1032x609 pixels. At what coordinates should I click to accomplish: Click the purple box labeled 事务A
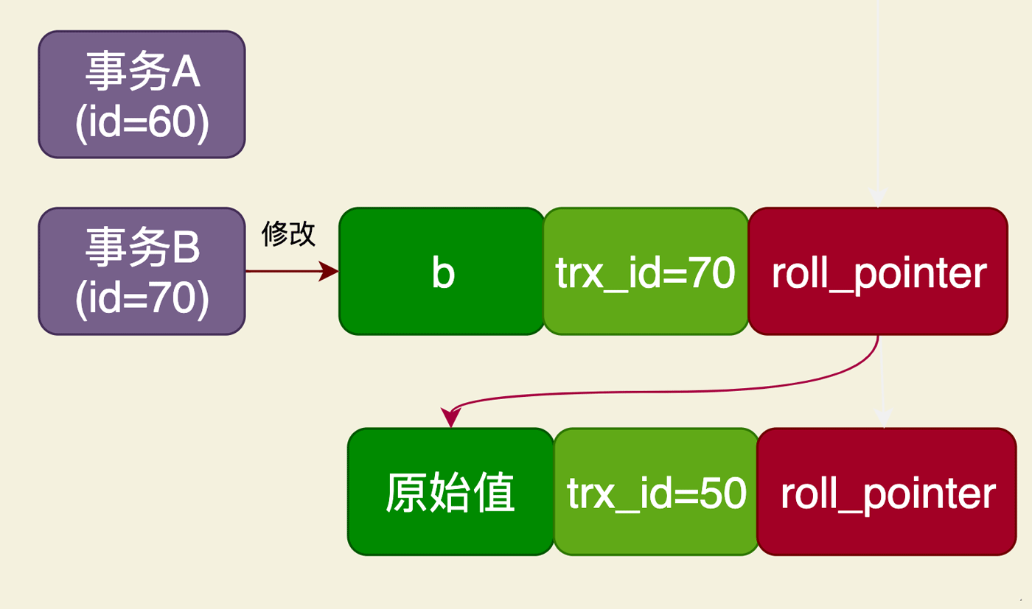pos(142,94)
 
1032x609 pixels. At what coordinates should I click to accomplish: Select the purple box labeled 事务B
pos(142,271)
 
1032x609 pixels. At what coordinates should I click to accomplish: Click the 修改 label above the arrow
pos(288,234)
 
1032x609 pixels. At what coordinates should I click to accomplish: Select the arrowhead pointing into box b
pos(330,271)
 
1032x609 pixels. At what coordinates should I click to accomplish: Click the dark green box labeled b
pos(442,271)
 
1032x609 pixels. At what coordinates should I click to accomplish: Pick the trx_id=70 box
pos(646,271)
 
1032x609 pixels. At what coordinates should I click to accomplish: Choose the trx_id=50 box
pos(656,492)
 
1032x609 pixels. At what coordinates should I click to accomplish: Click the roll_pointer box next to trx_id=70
pos(878,271)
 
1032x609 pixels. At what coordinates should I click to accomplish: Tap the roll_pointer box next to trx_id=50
pos(887,492)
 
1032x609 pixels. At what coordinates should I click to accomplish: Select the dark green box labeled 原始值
pos(450,492)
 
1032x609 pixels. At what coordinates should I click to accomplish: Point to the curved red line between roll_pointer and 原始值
pos(663,391)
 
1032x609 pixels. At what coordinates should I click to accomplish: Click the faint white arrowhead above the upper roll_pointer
pos(877,197)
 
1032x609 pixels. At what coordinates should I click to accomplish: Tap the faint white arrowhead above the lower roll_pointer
pos(883,418)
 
